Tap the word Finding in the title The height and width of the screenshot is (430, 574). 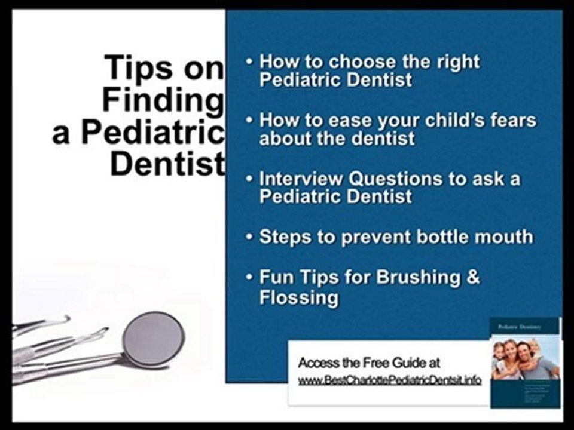pos(163,99)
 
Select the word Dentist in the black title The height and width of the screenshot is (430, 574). pos(167,163)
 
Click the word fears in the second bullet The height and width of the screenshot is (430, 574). pos(514,120)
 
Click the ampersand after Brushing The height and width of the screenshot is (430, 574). pos(473,278)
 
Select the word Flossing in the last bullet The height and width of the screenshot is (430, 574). pos(299,297)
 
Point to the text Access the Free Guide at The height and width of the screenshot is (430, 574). pos(370,363)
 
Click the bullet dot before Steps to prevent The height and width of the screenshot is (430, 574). pos(250,237)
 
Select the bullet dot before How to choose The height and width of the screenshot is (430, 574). pos(250,62)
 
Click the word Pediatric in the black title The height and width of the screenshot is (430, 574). pos(152,131)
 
